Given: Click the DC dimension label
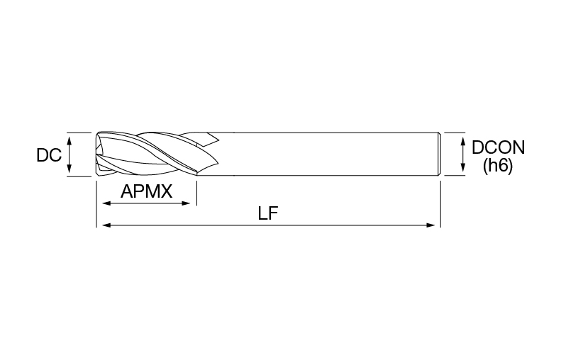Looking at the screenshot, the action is pos(49,155).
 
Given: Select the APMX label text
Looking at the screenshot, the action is pos(147,191).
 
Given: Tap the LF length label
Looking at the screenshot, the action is pos(268,214).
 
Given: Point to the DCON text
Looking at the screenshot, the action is pos(498,147).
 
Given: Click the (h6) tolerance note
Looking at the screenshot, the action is pos(498,166).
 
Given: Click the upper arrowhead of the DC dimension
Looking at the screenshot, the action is pos(70,139).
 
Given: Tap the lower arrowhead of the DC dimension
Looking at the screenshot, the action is pos(70,169).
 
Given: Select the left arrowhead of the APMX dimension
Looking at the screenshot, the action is pos(106,203).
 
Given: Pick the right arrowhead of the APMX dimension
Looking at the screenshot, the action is pos(186,203).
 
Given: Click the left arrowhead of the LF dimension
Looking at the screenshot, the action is pos(106,225).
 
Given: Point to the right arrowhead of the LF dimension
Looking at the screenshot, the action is pos(431,225).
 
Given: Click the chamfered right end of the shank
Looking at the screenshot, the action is pos(439,154).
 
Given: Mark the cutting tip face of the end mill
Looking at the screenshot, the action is pos(98,154).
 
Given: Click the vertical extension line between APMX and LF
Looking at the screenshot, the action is pos(196,193).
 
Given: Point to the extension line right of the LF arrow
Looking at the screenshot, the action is pos(440,204).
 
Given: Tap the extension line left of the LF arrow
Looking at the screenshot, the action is pos(96,204).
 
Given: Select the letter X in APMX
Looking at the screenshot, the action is pos(166,191).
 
